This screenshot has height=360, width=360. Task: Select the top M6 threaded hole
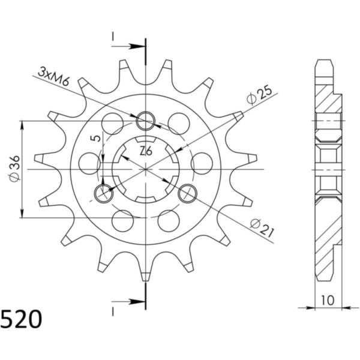tap(145, 122)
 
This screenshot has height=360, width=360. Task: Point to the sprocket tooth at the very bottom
tap(145, 275)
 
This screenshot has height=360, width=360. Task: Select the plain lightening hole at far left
tap(89, 162)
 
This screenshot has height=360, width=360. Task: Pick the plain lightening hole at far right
tap(202, 162)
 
